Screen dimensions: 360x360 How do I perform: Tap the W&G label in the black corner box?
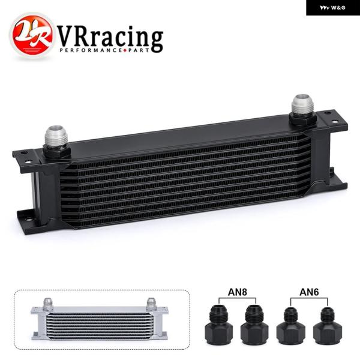[x=332, y=8]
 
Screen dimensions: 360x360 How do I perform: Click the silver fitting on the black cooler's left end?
[x=56, y=137]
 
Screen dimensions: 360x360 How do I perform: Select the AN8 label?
[x=237, y=292]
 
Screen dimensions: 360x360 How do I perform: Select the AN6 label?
[x=309, y=292]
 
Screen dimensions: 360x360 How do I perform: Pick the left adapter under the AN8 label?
[x=218, y=324]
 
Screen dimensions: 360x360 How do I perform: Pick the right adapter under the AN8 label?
[x=254, y=325]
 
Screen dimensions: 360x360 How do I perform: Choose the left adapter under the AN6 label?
[x=290, y=326]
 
